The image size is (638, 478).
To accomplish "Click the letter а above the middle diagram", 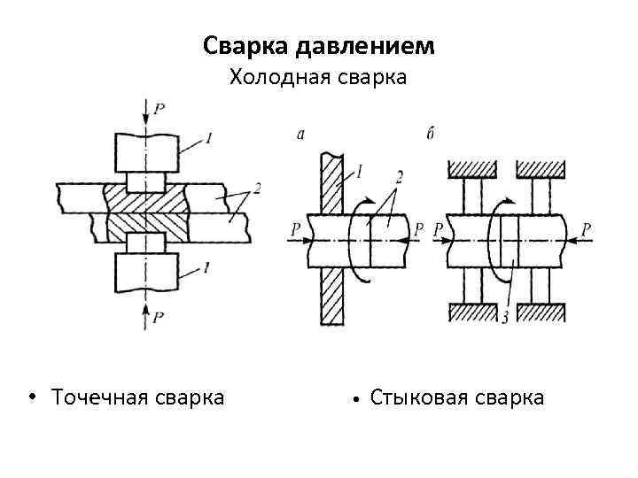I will pyautogui.click(x=300, y=134).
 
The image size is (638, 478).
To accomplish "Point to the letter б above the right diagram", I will pyautogui.click(x=430, y=134).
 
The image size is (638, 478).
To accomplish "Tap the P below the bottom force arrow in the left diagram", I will pyautogui.click(x=158, y=316).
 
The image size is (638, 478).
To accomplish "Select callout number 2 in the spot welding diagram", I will pyautogui.click(x=255, y=188).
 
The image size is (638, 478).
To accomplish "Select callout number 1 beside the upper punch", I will pyautogui.click(x=207, y=137).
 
